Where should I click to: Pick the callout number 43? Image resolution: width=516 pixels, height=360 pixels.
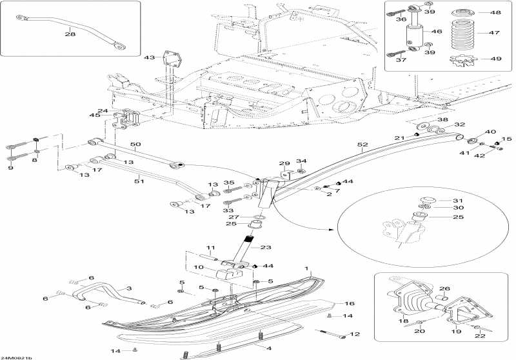point(150,57)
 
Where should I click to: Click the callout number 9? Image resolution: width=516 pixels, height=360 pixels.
point(10,168)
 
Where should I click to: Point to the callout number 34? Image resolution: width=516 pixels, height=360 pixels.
point(301,161)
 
